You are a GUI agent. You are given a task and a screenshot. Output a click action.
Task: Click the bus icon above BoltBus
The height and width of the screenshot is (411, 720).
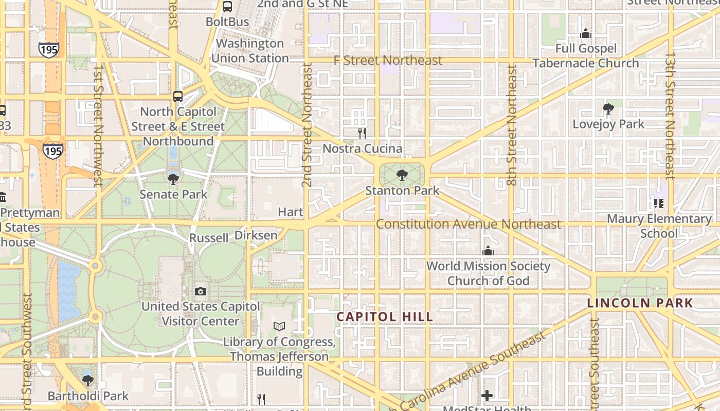click(227, 7)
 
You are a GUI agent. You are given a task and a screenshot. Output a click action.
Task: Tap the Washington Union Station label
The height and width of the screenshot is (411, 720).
click(250, 51)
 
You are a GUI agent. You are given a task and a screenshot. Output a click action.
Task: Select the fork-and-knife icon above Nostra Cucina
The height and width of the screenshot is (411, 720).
click(362, 134)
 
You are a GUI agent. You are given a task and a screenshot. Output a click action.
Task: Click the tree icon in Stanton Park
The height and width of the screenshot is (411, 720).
click(402, 176)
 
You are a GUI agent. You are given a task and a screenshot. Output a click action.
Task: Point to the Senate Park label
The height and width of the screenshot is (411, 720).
click(173, 194)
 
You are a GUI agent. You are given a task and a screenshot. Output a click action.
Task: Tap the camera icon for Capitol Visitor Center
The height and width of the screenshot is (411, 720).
click(201, 292)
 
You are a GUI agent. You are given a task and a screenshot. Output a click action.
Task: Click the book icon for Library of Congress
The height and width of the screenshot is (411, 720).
click(279, 326)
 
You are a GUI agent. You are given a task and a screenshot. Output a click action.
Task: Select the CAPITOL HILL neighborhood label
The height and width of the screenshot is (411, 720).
click(385, 317)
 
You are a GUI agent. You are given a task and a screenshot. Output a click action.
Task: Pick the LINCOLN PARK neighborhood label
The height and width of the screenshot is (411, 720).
click(640, 303)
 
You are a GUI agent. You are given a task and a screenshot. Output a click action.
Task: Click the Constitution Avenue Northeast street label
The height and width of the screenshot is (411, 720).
click(468, 224)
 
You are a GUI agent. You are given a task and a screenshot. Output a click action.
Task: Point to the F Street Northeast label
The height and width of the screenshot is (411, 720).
click(388, 60)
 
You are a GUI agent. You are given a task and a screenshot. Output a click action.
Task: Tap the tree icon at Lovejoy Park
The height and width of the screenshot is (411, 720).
click(608, 109)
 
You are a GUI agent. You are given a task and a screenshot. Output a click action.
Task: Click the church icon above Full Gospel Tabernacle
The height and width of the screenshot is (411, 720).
click(586, 34)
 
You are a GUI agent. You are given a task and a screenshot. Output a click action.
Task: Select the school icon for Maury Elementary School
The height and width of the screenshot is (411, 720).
click(659, 203)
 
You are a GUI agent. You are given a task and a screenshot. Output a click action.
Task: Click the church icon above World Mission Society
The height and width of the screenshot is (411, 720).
click(488, 251)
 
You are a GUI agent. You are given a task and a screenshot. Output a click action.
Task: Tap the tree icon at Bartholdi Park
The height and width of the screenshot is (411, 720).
click(88, 381)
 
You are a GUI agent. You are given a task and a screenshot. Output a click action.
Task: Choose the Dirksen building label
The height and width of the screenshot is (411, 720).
click(256, 235)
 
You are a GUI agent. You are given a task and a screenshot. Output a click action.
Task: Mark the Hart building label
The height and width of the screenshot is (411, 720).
click(291, 212)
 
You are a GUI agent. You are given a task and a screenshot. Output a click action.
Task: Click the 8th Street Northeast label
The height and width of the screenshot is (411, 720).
click(511, 124)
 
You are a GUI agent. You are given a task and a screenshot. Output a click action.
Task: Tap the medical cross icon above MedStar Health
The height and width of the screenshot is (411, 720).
click(487, 396)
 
